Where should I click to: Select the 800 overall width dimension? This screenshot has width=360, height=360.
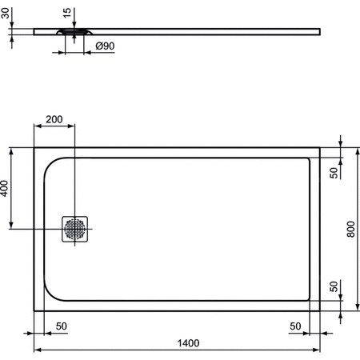tap(350, 230)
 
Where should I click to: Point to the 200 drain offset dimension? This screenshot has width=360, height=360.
tap(54, 119)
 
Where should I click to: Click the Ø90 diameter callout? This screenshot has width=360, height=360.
tap(105, 47)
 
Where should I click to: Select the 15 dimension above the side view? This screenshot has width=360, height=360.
tap(66, 14)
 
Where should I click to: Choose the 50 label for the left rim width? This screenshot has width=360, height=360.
tap(61, 326)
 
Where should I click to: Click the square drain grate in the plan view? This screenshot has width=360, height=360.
tap(75, 229)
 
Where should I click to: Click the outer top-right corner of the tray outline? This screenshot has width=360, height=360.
tap(319, 147)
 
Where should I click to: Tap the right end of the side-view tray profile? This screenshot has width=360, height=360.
tap(319, 31)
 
